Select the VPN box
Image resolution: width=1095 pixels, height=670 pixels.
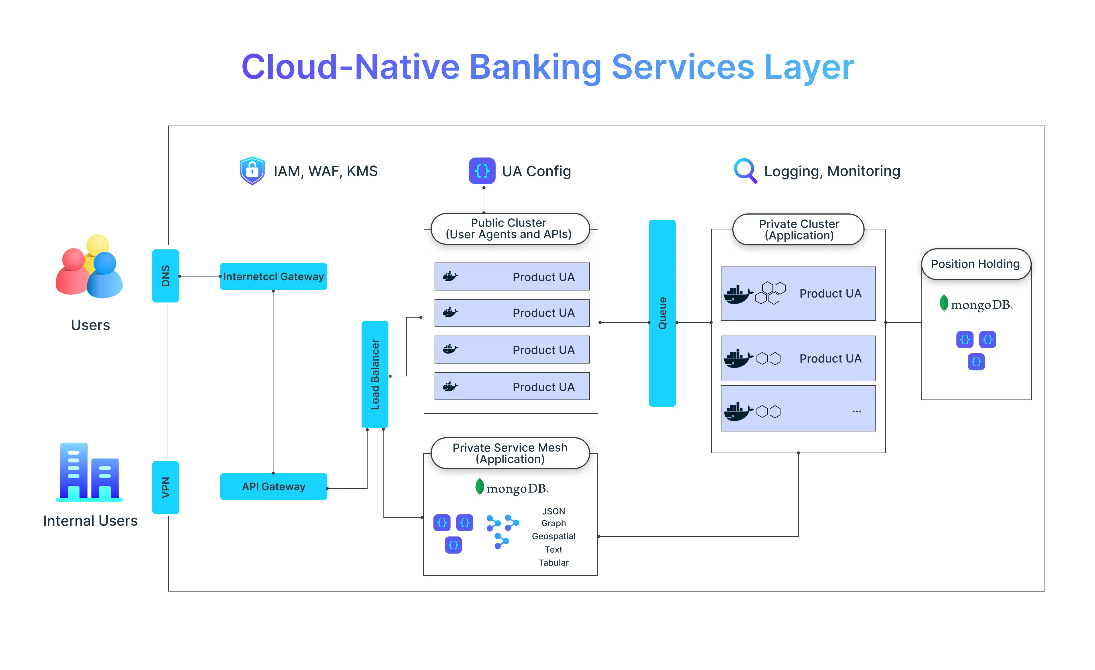(165, 487)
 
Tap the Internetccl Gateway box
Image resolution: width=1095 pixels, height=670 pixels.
(273, 277)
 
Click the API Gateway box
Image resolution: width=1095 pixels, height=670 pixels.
(273, 487)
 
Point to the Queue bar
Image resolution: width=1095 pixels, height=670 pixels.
(662, 313)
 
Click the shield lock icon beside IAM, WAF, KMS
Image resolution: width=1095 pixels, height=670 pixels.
(252, 171)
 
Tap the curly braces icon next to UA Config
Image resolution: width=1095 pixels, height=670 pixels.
(482, 171)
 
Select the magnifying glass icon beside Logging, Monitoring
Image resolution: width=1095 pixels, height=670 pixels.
(745, 171)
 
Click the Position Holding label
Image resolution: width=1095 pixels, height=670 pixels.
(976, 264)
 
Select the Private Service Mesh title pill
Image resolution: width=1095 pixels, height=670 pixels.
(510, 453)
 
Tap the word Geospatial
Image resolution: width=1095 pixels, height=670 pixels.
(553, 536)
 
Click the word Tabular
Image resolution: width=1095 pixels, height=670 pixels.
(553, 563)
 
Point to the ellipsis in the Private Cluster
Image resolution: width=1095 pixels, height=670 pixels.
(856, 411)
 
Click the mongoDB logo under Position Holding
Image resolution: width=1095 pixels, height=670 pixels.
(976, 304)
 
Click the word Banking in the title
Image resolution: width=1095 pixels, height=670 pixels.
(535, 67)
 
